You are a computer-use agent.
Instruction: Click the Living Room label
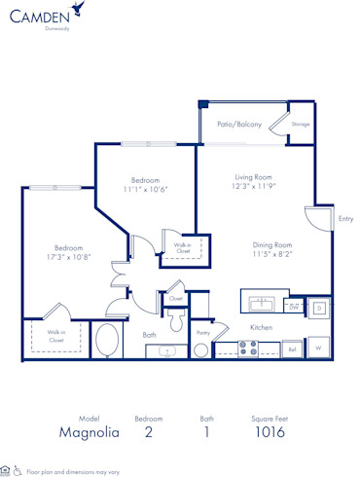[250, 178]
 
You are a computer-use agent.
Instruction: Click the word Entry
[345, 220]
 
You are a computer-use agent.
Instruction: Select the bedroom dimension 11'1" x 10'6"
[147, 189]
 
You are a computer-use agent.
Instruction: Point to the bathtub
[108, 342]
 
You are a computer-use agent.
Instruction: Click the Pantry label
[202, 332]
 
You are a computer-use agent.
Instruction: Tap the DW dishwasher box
[293, 307]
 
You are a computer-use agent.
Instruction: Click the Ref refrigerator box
[291, 349]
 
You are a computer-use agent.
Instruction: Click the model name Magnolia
[89, 432]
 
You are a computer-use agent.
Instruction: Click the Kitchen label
[261, 328]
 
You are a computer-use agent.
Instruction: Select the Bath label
[149, 334]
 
